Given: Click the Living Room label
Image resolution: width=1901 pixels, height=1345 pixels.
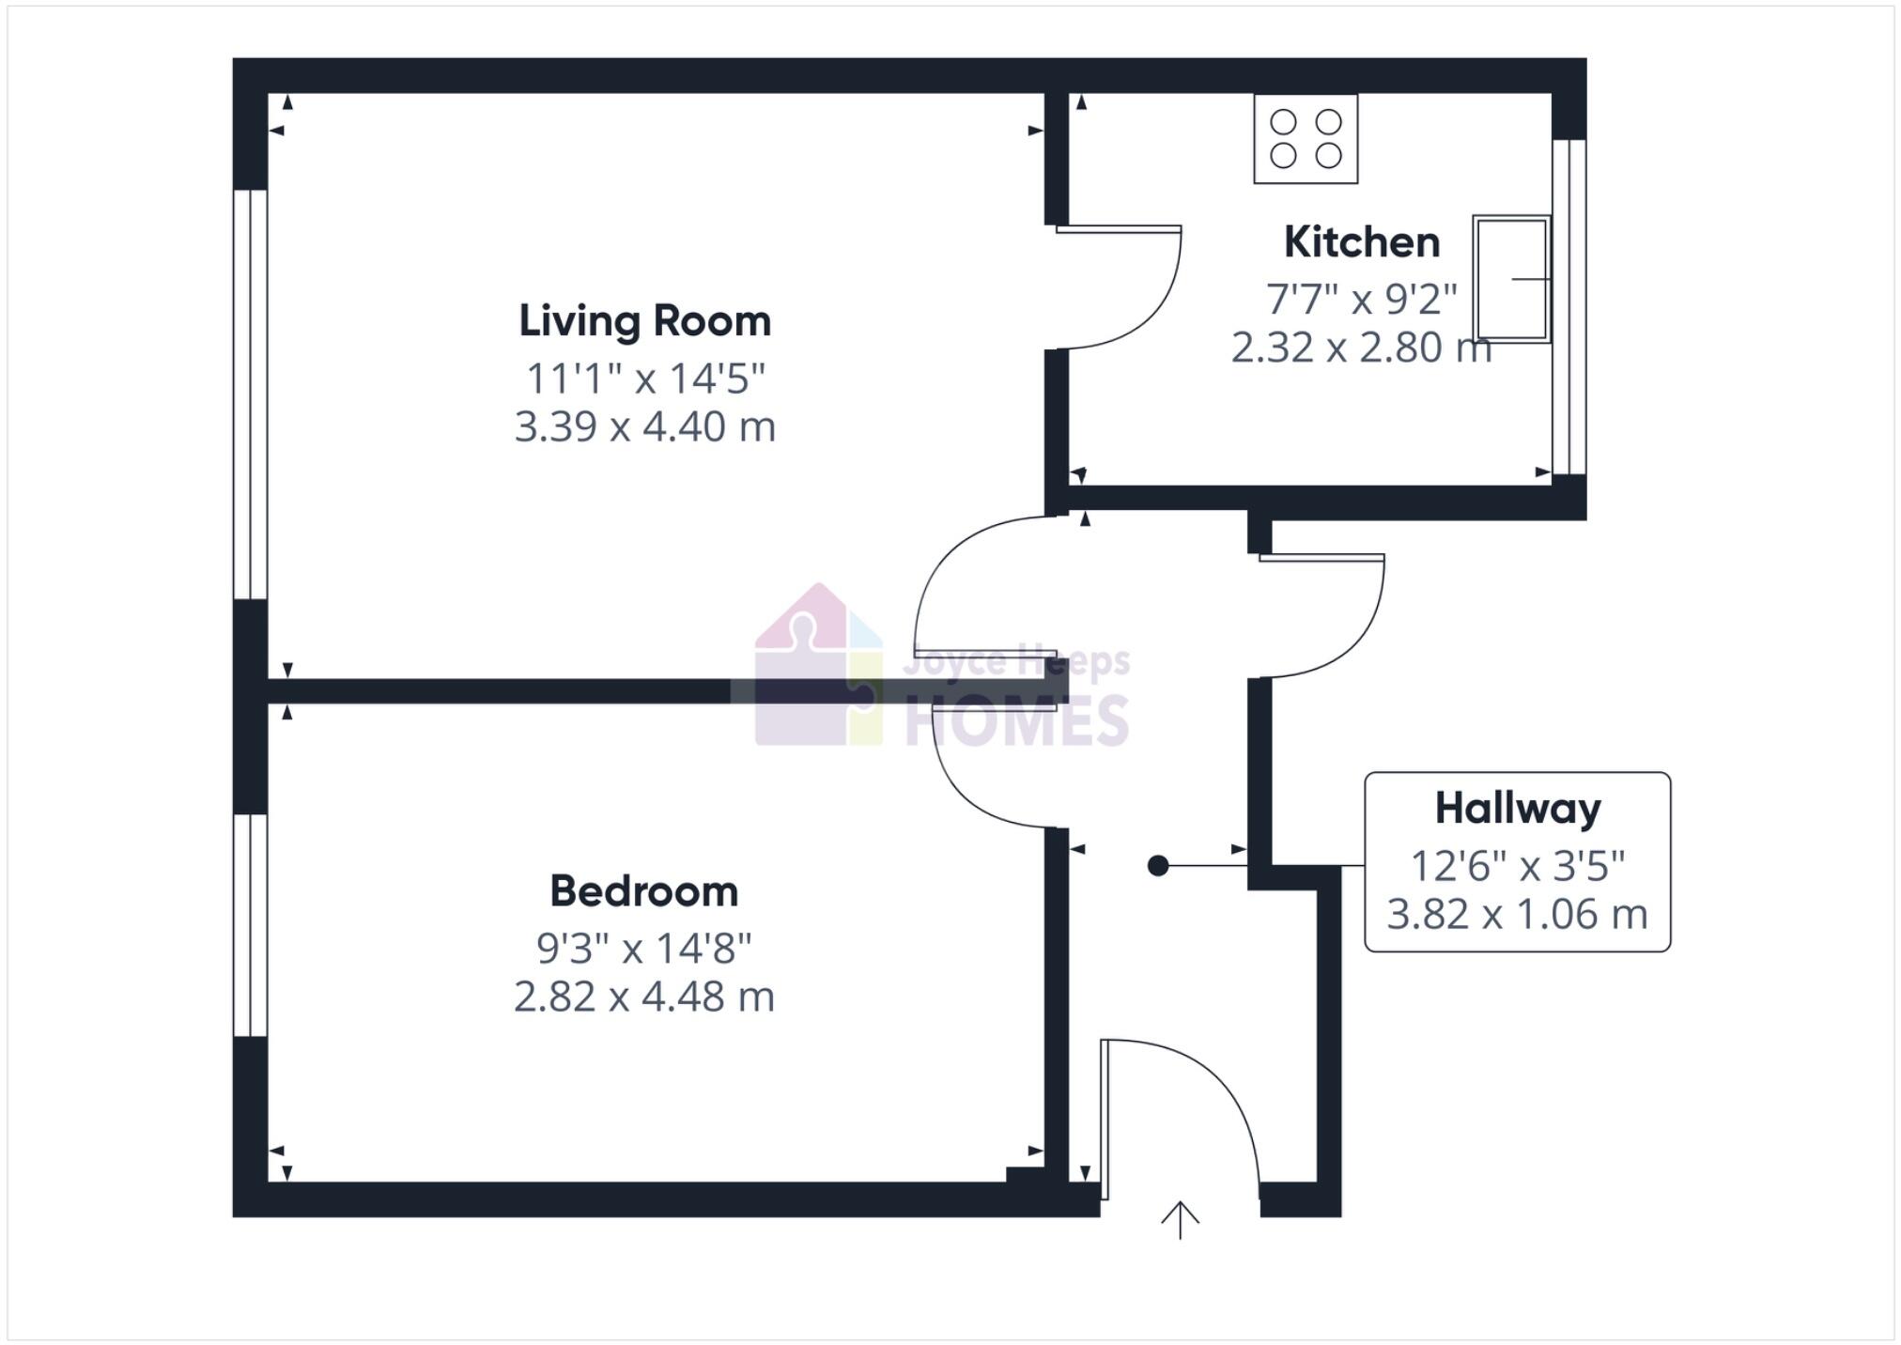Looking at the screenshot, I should (644, 321).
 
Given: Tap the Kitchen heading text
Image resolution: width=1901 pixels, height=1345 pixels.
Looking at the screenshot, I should (1361, 242).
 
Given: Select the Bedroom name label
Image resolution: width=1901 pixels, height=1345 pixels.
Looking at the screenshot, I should (643, 891).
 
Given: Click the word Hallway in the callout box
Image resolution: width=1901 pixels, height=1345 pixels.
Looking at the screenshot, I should (1517, 809).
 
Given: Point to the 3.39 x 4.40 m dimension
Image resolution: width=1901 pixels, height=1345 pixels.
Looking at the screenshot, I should (644, 427).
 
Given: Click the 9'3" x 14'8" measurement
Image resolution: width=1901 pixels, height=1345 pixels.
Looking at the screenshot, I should (643, 949).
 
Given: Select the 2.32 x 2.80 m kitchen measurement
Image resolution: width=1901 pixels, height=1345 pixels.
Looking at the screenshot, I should (1360, 348).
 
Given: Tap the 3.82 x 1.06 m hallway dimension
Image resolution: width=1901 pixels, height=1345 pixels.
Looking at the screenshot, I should (1516, 915).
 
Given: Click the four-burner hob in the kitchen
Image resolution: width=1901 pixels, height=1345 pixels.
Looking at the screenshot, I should (1306, 139).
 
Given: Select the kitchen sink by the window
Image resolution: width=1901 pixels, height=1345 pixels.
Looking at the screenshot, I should (1510, 279).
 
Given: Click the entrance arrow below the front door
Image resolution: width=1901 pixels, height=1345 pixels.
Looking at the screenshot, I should (1180, 1220).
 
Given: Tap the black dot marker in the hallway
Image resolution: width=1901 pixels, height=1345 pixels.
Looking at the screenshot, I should (1158, 866).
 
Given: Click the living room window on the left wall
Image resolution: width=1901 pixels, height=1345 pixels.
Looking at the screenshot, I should (251, 394).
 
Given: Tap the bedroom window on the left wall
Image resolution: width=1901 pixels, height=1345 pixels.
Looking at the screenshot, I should (251, 925).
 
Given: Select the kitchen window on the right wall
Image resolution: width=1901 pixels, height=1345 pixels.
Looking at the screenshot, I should (1569, 307).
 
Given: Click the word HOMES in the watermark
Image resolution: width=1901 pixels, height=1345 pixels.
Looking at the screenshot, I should (1016, 721).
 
